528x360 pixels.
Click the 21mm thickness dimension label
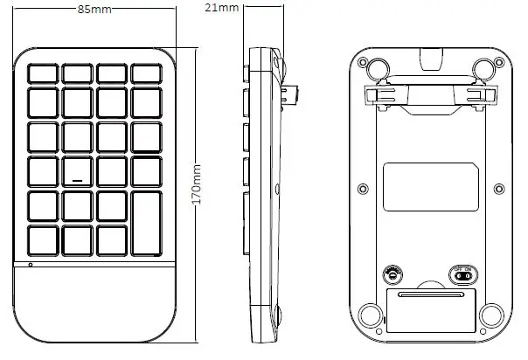point(228,9)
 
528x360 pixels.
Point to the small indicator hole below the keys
point(31,264)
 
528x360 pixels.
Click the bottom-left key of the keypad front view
point(43,240)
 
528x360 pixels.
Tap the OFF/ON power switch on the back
point(464,274)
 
